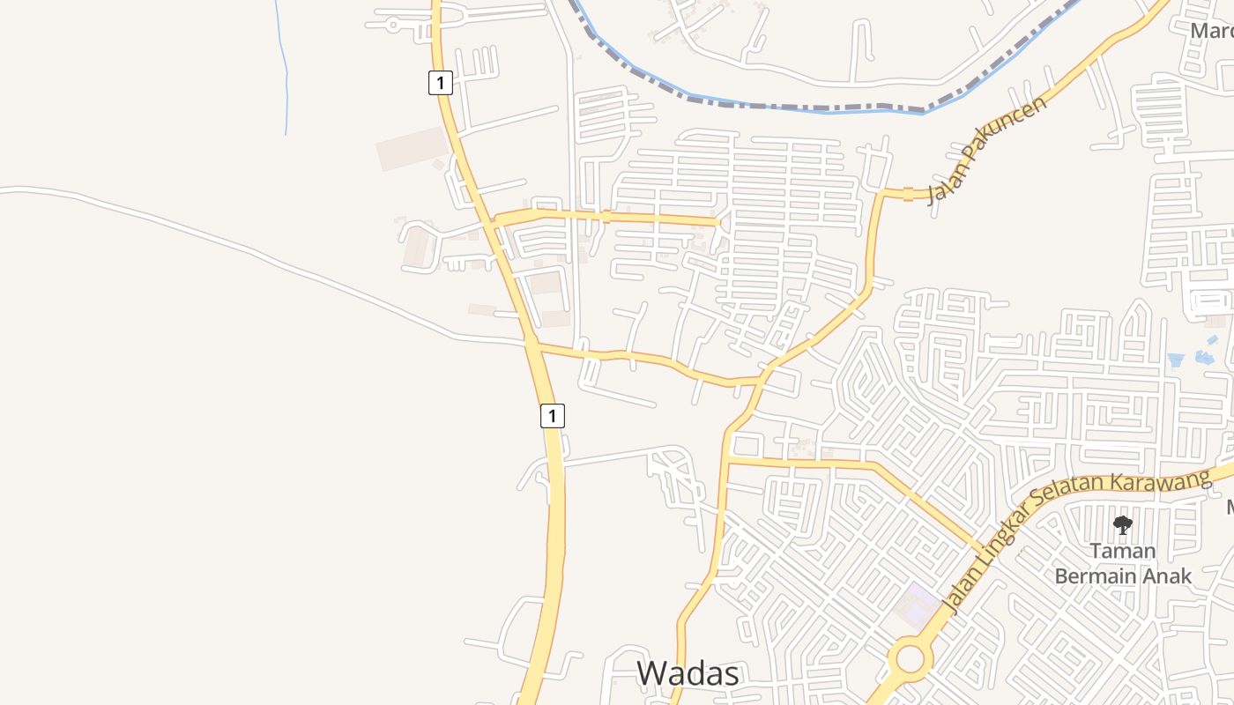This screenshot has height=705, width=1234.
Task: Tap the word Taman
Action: [x=1122, y=552]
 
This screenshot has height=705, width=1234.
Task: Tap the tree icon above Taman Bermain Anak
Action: [x=1122, y=525]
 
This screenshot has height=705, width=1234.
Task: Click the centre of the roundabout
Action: [x=910, y=658]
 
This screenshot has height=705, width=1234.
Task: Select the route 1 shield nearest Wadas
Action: [x=552, y=416]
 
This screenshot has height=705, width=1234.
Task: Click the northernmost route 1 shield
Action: [x=441, y=83]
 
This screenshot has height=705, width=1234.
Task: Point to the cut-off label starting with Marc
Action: [x=1212, y=31]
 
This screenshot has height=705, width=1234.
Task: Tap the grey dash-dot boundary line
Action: [x=793, y=107]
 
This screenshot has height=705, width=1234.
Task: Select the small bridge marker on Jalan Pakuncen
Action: [x=908, y=193]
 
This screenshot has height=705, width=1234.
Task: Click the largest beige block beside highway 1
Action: [x=413, y=148]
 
